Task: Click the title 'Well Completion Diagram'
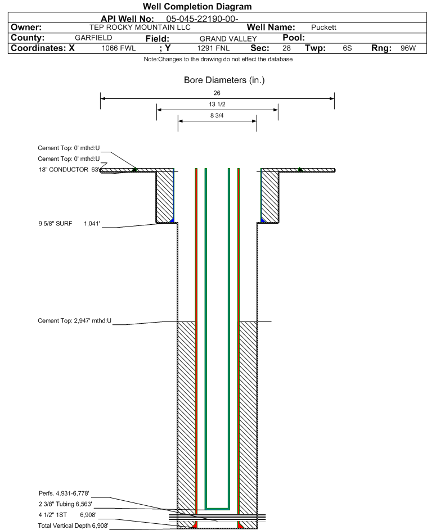197,6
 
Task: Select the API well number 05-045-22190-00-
202,19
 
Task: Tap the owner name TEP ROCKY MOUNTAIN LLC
140,28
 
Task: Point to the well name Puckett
323,28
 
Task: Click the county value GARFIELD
93,38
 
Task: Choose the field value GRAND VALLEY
228,39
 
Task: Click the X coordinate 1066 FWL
118,48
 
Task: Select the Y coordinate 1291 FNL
213,48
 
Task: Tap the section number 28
286,48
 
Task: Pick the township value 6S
347,48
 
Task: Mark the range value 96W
408,48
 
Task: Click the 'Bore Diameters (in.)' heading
224,80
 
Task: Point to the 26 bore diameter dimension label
217,93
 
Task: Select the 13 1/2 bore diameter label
217,104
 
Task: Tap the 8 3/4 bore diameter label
217,116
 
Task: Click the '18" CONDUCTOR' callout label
63,170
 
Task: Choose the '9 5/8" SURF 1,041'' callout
69,224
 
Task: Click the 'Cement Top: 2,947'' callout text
74,320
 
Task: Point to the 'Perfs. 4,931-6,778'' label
64,493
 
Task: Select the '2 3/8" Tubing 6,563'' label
65,504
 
